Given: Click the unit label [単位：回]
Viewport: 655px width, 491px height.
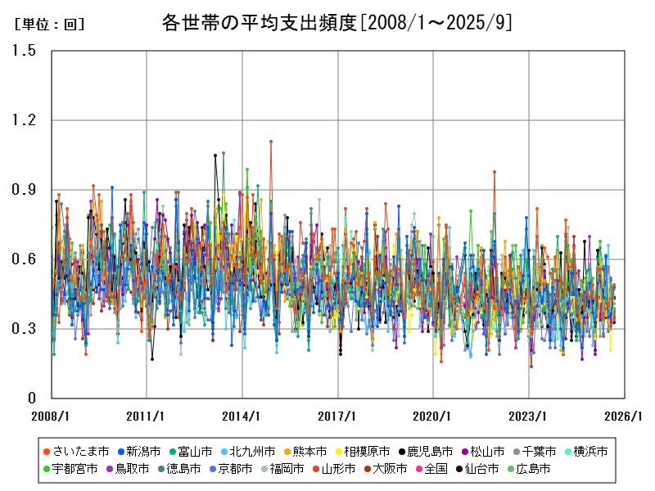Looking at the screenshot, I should (x=50, y=25).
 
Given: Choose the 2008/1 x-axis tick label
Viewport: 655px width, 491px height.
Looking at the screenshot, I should (x=51, y=416).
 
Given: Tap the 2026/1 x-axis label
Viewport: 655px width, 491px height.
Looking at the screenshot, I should (x=624, y=416).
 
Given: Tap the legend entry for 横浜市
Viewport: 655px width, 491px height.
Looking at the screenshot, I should (x=586, y=452).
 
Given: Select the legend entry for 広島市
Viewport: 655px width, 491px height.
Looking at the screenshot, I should (x=544, y=469).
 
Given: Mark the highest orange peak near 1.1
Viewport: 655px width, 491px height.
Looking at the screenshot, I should (x=271, y=142).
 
